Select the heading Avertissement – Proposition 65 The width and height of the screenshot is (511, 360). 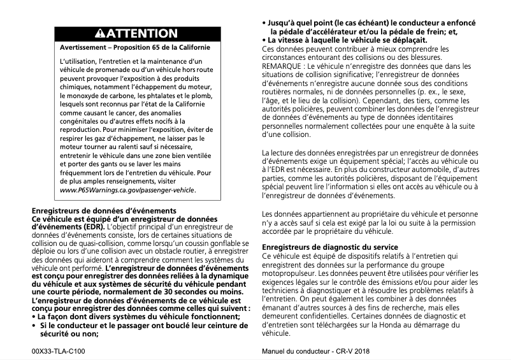(134, 48)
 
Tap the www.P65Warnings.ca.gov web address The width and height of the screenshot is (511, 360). (127, 191)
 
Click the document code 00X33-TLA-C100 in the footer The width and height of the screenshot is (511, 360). (58, 351)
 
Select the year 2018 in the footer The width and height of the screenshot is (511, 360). (361, 351)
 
